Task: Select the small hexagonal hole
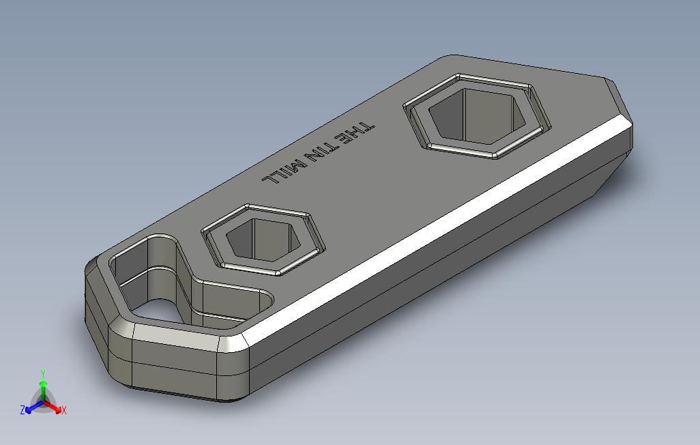[x=263, y=240]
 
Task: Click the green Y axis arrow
[x=43, y=390]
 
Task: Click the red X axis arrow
[x=53, y=407]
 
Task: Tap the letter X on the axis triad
[x=64, y=410]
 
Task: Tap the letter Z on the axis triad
[x=23, y=410]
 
